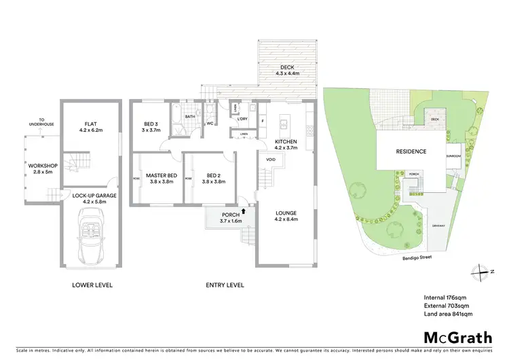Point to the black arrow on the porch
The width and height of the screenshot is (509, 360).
point(235,211)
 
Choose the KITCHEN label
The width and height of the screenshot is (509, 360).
point(286,143)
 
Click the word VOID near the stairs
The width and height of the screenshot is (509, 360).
point(270,160)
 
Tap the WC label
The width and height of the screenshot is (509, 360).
point(210,124)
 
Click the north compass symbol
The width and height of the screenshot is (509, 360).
point(481,271)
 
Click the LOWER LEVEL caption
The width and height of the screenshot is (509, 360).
point(92,285)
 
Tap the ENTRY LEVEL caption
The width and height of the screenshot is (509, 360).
point(225,285)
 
